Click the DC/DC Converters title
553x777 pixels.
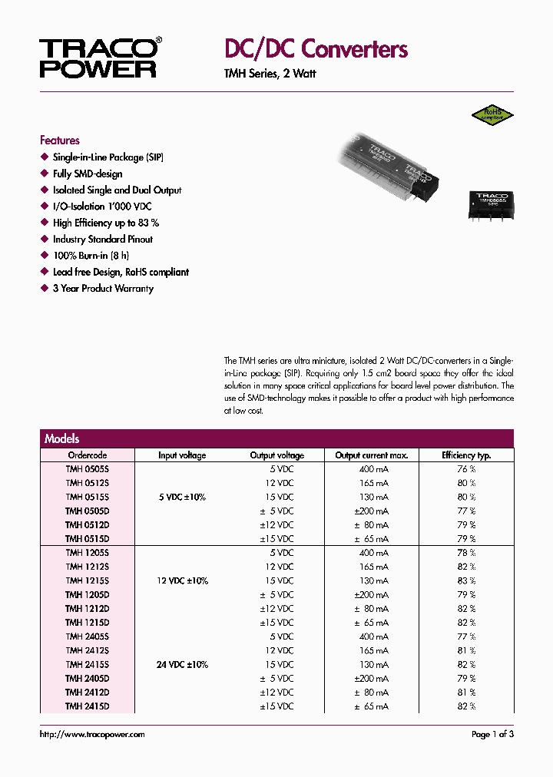[x=316, y=49]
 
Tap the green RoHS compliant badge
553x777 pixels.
[x=492, y=115]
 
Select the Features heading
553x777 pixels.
[x=60, y=141]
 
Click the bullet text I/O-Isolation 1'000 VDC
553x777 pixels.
[x=102, y=207]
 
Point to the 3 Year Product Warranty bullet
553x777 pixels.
[x=103, y=289]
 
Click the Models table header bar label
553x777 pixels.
[x=62, y=438]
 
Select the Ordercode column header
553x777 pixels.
[x=88, y=455]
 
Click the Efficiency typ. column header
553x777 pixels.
[x=466, y=455]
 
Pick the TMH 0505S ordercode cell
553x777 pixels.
[x=88, y=469]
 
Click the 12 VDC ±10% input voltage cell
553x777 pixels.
[x=182, y=580]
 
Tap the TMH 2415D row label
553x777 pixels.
[x=88, y=706]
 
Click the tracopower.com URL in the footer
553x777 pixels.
[x=92, y=735]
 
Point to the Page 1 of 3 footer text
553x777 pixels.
[x=492, y=735]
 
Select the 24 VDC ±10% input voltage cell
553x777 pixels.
[x=182, y=664]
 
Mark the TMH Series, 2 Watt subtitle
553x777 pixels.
[x=270, y=74]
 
